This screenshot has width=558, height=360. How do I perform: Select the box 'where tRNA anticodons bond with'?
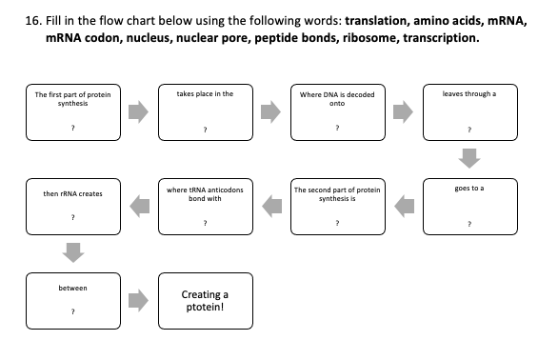205,206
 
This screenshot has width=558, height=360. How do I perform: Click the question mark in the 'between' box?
72,311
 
